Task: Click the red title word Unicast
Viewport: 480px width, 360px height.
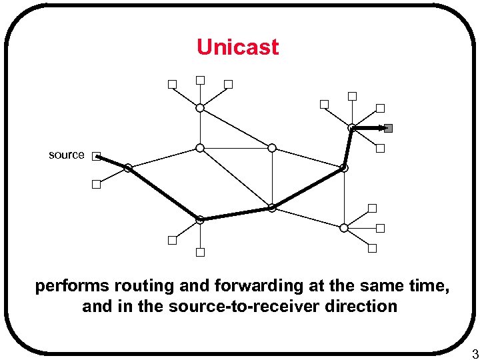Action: [237, 47]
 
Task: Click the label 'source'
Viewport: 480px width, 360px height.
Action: [67, 155]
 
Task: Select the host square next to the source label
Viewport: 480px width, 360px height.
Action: [96, 156]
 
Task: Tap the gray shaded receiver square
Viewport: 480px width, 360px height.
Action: [389, 128]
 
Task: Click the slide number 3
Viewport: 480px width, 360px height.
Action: [475, 353]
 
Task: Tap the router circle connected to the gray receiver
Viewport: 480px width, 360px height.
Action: [351, 128]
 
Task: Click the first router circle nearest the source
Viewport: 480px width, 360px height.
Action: [127, 169]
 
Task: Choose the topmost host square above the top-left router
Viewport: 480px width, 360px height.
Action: [200, 80]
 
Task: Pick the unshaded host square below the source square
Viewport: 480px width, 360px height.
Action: [96, 185]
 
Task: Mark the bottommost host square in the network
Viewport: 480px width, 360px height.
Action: [199, 252]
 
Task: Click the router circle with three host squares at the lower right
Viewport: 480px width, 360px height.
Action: [343, 227]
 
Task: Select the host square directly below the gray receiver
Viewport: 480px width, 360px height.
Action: [380, 149]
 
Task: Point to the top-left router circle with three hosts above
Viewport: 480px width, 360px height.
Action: [199, 107]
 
